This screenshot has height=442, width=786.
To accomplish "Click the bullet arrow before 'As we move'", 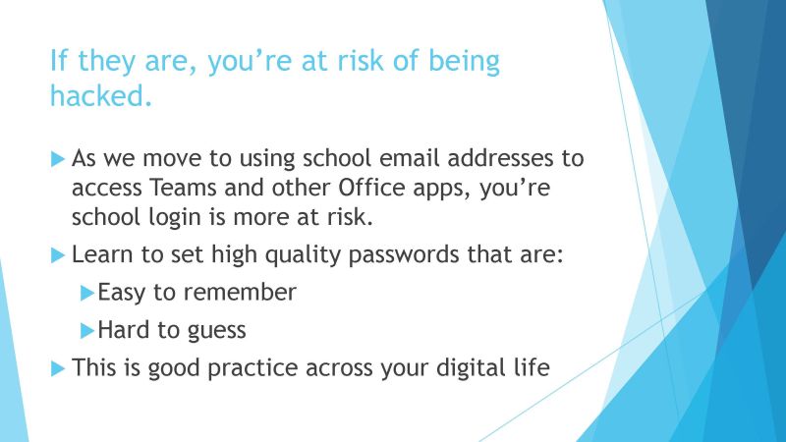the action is (x=58, y=159).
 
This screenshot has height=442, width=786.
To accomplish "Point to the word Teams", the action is (x=183, y=188).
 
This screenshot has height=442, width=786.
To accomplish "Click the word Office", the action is (x=371, y=188).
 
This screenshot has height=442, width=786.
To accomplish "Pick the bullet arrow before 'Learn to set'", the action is (x=58, y=255).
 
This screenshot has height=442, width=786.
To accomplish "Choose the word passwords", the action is (x=404, y=255).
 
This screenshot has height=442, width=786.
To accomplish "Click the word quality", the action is (x=303, y=255).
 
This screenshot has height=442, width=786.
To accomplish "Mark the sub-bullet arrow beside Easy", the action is (x=87, y=293).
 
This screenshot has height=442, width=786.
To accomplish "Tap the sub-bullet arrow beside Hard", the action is (x=87, y=331).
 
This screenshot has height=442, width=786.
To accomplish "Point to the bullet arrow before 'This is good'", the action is (x=58, y=369).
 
